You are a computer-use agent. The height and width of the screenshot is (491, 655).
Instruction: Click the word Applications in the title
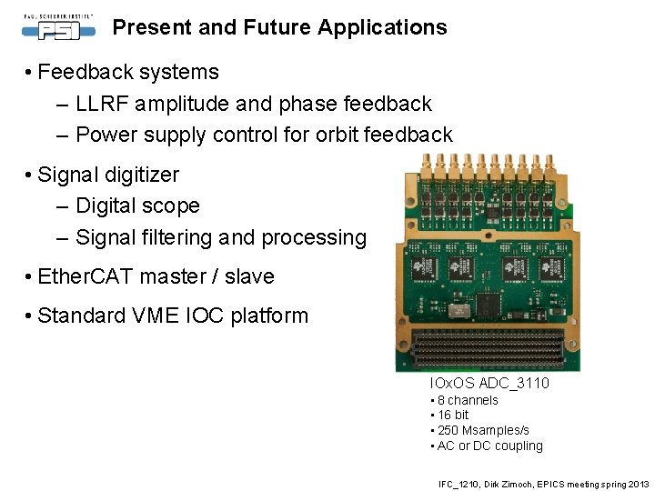click(382, 27)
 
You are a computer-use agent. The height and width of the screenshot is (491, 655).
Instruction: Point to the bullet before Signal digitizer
click(30, 175)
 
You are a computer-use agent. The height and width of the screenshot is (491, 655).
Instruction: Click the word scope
click(173, 205)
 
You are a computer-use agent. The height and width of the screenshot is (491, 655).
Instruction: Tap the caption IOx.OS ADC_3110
click(489, 384)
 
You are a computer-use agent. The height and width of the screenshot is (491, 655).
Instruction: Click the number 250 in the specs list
click(448, 430)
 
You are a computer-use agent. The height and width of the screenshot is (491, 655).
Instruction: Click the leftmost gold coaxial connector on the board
click(427, 165)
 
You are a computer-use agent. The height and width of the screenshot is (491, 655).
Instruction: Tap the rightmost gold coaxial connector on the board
click(549, 165)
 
